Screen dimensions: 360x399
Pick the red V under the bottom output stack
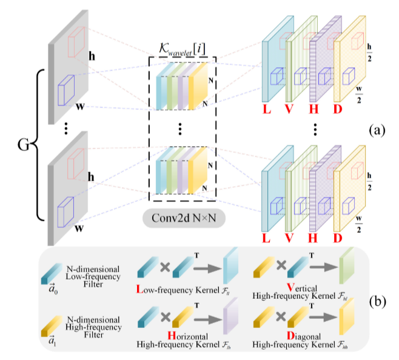click(x=289, y=239)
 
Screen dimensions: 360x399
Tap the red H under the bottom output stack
click(x=313, y=239)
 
